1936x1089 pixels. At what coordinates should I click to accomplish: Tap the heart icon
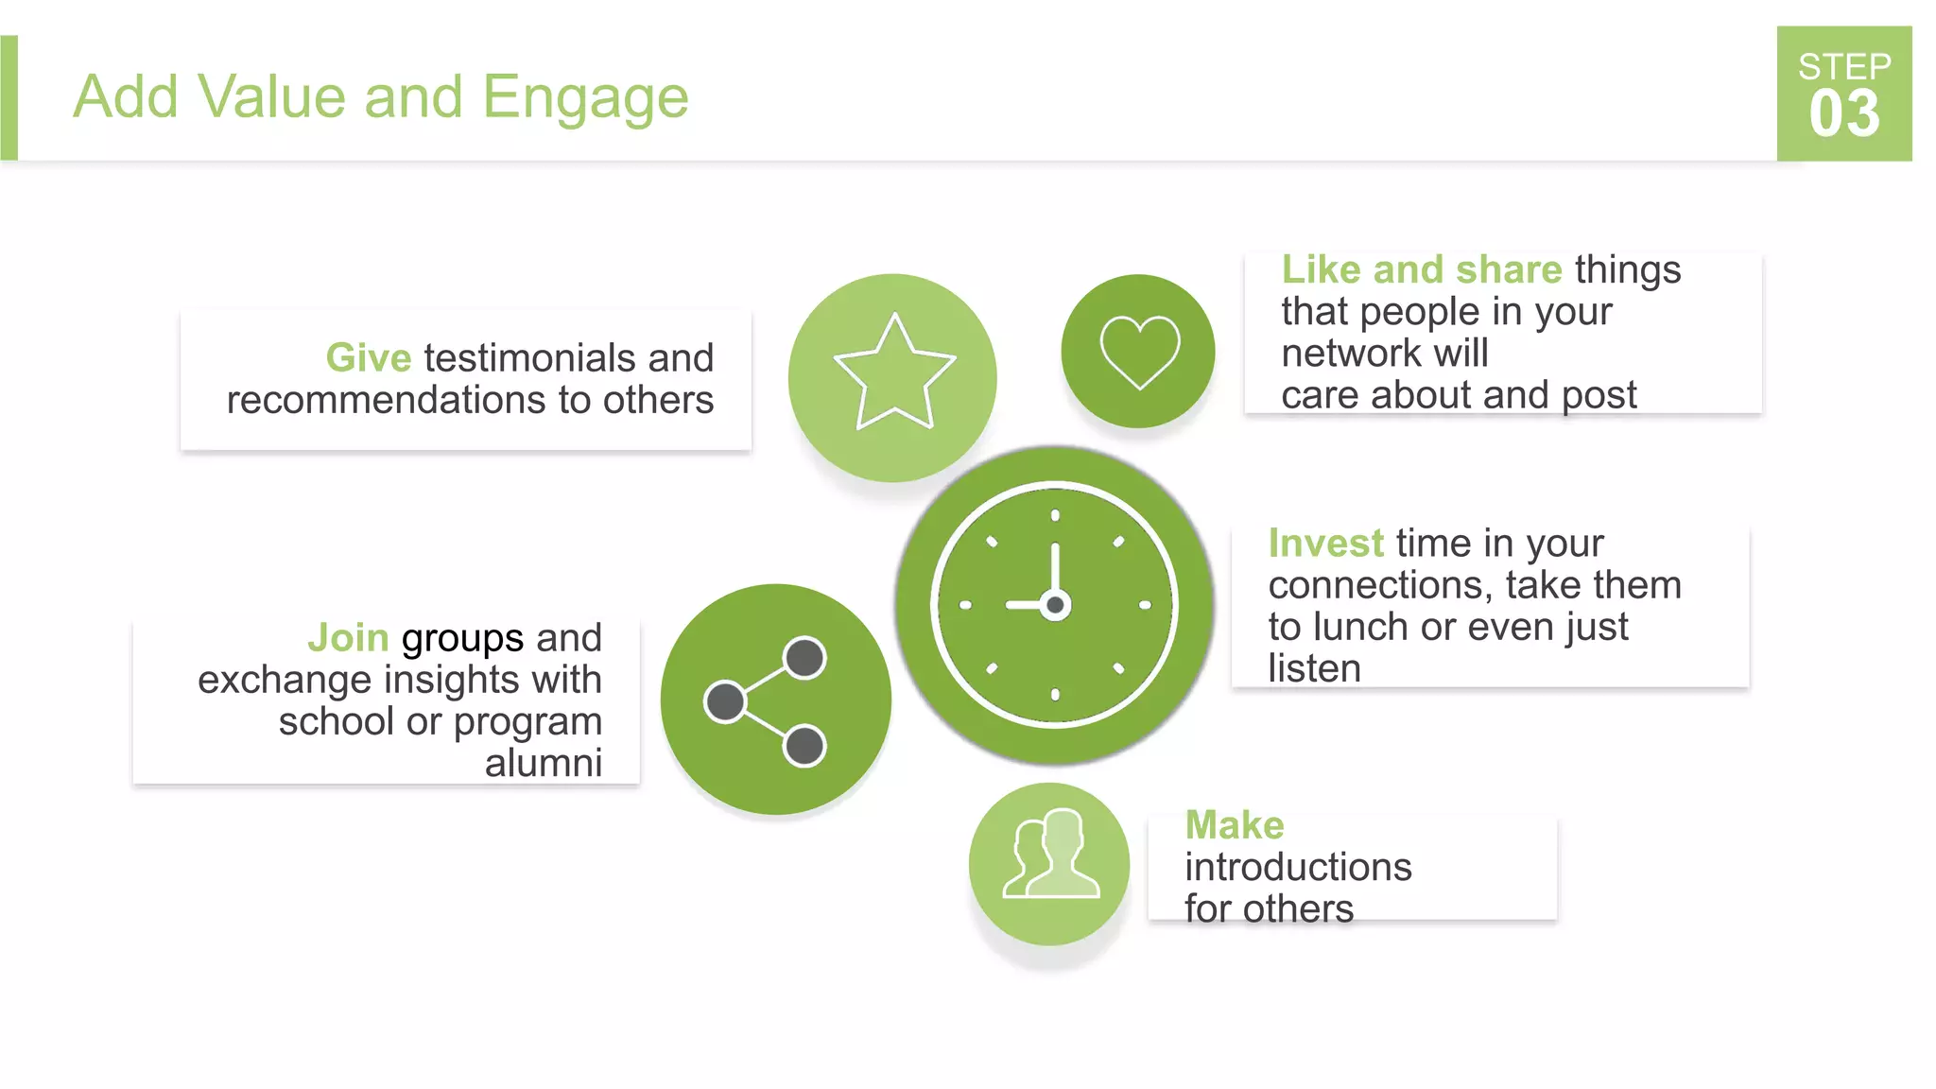[x=1139, y=351]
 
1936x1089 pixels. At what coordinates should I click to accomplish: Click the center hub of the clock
[x=1055, y=605]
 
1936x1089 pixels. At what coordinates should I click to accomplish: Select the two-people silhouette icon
[x=1051, y=855]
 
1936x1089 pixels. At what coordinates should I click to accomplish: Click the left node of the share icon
[x=725, y=701]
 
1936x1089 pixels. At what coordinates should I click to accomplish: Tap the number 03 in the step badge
[x=1844, y=114]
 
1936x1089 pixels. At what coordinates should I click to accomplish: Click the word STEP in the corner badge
[x=1844, y=66]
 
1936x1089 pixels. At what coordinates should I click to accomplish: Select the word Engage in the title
[x=585, y=98]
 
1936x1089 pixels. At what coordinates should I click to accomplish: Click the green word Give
[x=369, y=358]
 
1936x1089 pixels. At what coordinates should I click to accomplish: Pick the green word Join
[x=348, y=638]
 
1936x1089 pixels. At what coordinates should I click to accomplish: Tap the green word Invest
[x=1325, y=544]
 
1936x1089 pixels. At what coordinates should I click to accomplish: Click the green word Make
[x=1235, y=825]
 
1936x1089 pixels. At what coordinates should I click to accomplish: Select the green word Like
[x=1321, y=270]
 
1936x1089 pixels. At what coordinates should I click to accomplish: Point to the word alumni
[x=544, y=763]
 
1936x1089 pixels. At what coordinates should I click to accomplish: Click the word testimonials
[x=529, y=358]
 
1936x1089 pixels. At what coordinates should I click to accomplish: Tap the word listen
[x=1314, y=668]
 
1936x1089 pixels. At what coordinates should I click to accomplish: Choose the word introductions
[x=1298, y=867]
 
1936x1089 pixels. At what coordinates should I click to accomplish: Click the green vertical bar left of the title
[x=9, y=97]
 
